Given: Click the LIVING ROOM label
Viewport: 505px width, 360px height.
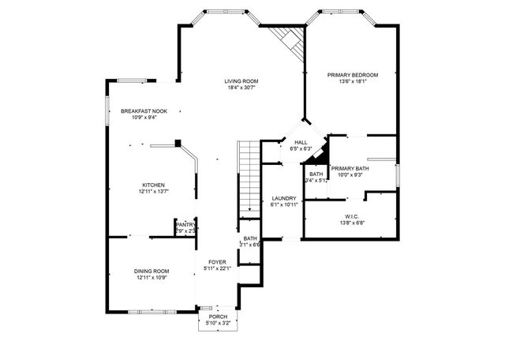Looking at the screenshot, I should (x=241, y=81).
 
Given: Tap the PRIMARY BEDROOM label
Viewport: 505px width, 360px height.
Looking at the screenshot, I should (x=353, y=75).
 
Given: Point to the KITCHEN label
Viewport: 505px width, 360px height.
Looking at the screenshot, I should (x=153, y=185).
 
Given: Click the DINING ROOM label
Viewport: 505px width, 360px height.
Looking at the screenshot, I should (x=151, y=271).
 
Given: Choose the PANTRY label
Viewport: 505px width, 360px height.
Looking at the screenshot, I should (x=185, y=224).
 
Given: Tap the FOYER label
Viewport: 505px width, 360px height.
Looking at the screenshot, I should (x=218, y=261).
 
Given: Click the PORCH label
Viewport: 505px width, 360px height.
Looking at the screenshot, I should (x=218, y=317).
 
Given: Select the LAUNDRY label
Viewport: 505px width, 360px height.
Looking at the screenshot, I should (x=283, y=198).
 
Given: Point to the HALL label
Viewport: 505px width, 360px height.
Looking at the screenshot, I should (x=301, y=142).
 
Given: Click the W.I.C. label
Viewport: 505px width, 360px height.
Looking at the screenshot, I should (x=352, y=217).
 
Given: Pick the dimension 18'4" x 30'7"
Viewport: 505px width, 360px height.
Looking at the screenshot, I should (x=241, y=88).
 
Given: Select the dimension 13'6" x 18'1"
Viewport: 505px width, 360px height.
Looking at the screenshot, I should (x=353, y=81).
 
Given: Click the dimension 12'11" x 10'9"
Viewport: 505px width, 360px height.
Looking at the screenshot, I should (x=151, y=277).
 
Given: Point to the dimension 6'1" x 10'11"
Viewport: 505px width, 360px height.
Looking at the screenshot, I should (x=283, y=204).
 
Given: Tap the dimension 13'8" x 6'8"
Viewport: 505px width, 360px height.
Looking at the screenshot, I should (x=352, y=223).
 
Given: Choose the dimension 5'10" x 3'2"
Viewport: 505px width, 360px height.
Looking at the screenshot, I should (x=218, y=323).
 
